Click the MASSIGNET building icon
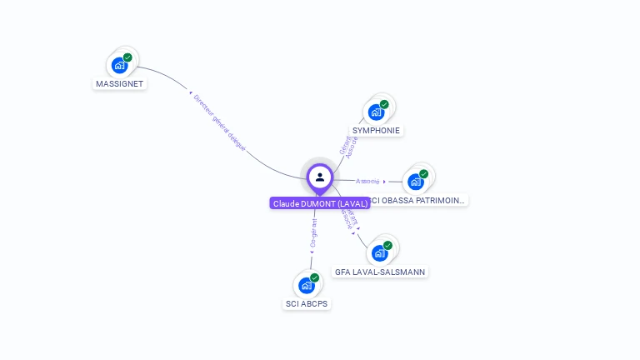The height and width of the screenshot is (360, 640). (119, 65)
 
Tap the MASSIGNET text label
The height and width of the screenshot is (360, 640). (119, 83)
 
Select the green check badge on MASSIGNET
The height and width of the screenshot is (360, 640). (127, 57)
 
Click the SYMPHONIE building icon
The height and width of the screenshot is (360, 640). (376, 112)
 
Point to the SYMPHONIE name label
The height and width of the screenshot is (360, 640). (376, 130)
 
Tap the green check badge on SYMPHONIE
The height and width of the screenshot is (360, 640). (384, 104)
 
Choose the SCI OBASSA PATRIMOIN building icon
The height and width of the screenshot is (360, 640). (415, 182)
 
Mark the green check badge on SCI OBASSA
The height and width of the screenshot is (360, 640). (423, 174)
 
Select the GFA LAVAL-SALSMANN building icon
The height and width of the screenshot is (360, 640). (379, 253)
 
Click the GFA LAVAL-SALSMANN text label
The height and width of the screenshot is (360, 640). (381, 272)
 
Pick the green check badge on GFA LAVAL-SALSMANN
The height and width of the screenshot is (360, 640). (387, 246)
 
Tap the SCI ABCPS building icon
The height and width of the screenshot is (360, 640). (306, 285)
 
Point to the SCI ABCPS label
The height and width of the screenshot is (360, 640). (307, 303)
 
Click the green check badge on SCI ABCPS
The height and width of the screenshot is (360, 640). (314, 277)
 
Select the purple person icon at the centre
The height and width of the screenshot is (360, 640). (320, 177)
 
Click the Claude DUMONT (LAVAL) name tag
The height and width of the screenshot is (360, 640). (320, 203)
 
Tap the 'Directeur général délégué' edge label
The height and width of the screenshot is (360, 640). (219, 122)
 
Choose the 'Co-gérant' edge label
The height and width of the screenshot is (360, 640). (313, 234)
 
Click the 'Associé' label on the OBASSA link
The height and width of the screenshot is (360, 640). (367, 181)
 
